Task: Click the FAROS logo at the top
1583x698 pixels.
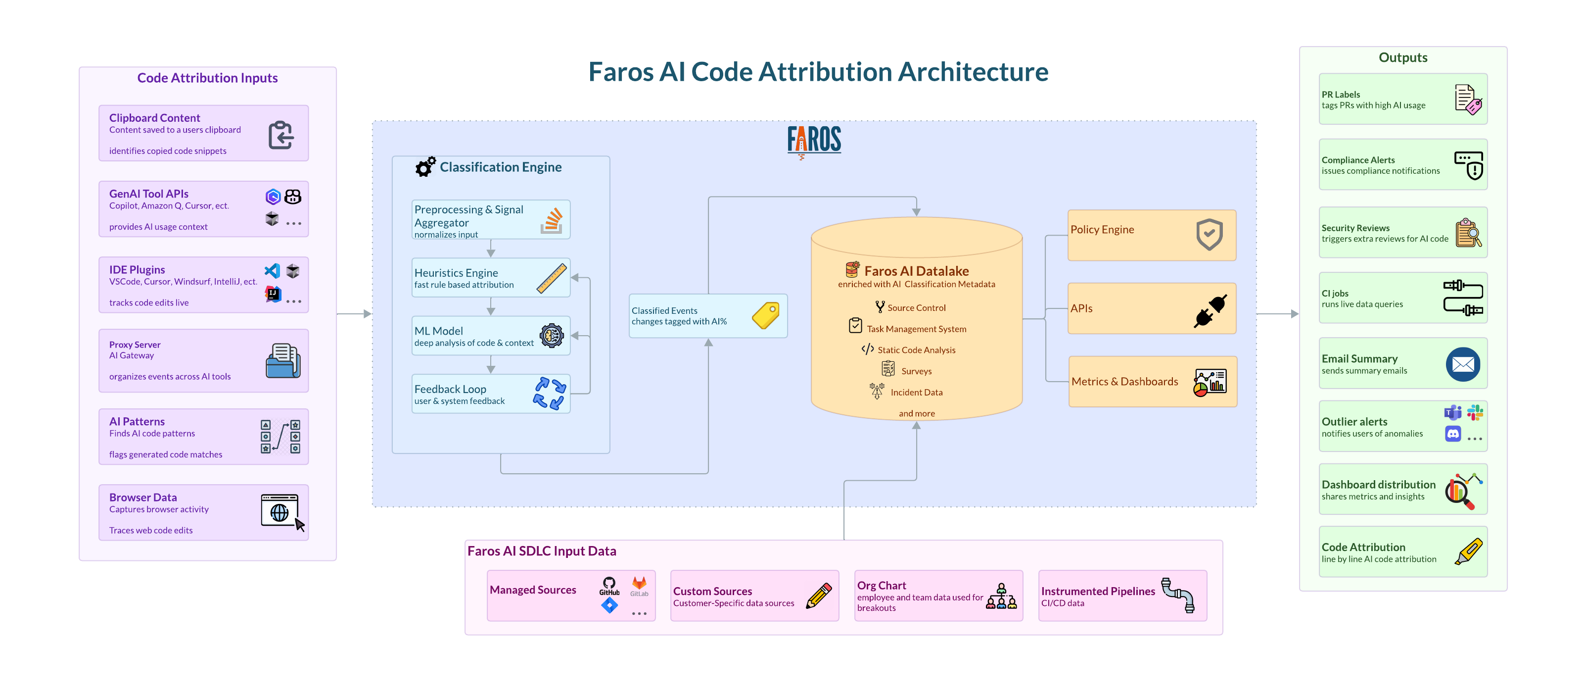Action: tap(814, 140)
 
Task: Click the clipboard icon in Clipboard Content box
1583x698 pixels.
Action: tap(281, 135)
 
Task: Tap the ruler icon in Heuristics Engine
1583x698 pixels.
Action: tap(551, 278)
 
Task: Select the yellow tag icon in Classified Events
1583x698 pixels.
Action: tap(766, 315)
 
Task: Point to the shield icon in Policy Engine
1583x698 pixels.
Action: tap(1209, 234)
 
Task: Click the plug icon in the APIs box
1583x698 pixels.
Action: tap(1210, 310)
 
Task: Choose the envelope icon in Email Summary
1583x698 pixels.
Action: tap(1463, 365)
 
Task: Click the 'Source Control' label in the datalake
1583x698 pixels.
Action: tap(916, 307)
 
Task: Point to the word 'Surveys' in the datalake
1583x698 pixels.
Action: tap(916, 371)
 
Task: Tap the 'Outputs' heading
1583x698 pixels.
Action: tap(1402, 57)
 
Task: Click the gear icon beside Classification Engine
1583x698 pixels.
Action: tap(424, 167)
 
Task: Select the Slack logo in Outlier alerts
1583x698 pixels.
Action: tap(1475, 412)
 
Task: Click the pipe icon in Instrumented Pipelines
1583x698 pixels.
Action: tap(1177, 595)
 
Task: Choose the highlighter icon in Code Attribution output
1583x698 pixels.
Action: tap(1468, 551)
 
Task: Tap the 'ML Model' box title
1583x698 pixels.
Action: tap(438, 331)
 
